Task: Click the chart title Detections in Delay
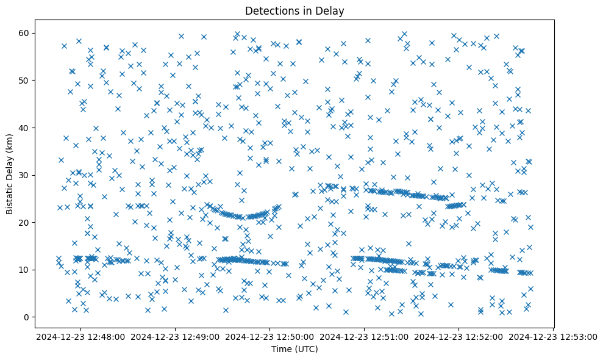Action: tap(294, 10)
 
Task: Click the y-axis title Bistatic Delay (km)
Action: tap(10, 168)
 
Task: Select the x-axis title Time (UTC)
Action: tap(294, 349)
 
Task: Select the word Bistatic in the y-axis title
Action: tap(10, 194)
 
